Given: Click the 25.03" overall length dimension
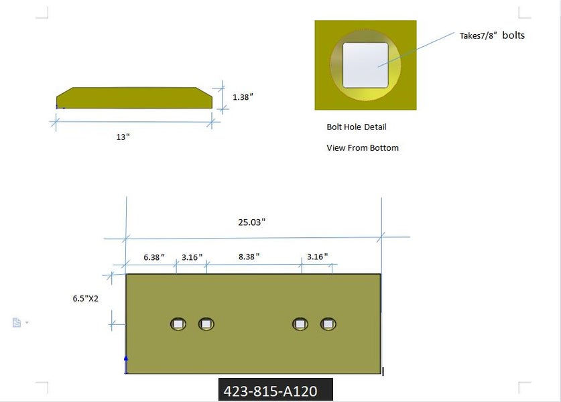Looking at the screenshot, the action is [251, 222].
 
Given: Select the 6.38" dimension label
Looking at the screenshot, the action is [154, 257].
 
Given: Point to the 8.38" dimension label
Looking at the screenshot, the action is [249, 257].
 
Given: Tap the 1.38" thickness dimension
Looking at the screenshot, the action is [243, 97].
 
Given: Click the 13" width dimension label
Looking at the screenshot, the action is [123, 137].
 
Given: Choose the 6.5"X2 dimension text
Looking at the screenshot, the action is [86, 298].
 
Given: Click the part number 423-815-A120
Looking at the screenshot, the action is [271, 391].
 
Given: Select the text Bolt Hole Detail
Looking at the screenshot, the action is [357, 127].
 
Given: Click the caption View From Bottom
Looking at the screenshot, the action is [363, 147].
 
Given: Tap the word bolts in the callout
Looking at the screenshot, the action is [513, 35].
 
